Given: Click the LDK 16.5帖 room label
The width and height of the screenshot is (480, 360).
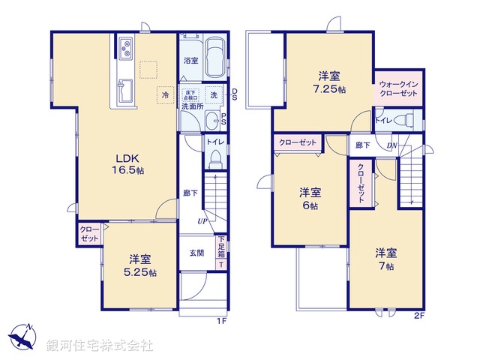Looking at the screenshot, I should tap(129, 163).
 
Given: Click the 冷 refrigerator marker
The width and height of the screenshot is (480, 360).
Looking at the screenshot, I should tap(164, 94).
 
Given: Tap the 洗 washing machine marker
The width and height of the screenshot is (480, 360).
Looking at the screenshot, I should tap(213, 94).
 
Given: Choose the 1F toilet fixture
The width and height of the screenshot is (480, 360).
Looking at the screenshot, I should tap(216, 159).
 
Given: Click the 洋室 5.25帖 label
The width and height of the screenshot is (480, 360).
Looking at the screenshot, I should tap(140, 265).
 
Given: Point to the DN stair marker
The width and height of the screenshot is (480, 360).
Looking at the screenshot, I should tap(391, 145).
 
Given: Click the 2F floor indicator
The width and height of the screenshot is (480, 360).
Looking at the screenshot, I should tap(418, 316).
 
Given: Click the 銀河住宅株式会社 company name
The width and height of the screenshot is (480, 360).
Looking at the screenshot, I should tap(100, 346).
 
